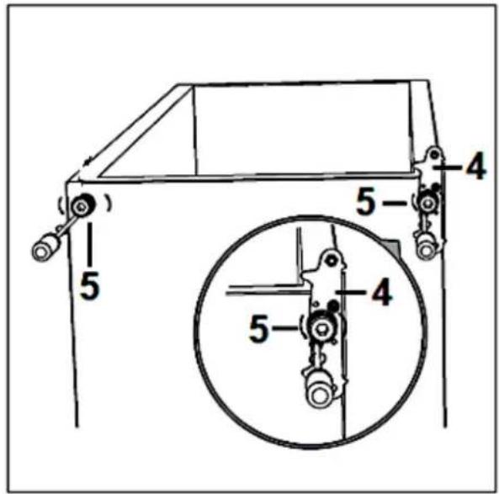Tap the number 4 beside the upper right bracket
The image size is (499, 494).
click(475, 166)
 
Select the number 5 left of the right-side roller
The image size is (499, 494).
click(366, 201)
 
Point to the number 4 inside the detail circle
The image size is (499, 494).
click(382, 291)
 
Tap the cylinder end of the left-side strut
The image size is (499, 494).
click(45, 248)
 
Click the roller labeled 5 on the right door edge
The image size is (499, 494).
click(427, 203)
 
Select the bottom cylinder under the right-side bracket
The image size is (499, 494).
click(425, 246)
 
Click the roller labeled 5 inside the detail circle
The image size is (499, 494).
click(321, 328)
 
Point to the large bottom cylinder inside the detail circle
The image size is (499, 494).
click(319, 391)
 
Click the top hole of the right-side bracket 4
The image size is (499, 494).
click(434, 155)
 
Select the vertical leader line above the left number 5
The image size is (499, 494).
click(90, 244)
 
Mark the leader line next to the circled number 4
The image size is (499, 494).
click(352, 291)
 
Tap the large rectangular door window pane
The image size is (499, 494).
click(302, 129)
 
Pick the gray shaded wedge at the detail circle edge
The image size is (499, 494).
click(392, 246)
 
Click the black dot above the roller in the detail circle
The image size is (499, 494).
click(333, 305)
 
